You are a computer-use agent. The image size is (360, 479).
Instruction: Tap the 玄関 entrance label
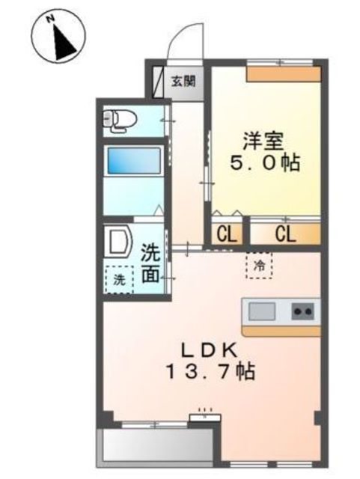pos(183,82)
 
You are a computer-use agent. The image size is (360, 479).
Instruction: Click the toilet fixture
pos(120,121)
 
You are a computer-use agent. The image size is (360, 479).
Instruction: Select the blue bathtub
pos(135,162)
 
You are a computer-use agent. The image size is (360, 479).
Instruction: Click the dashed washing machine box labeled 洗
pos(120,279)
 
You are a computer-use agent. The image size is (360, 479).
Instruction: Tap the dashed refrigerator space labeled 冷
pos(259,265)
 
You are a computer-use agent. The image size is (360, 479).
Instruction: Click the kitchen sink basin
pos(262,311)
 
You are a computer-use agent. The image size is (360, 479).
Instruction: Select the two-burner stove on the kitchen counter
pos(303,311)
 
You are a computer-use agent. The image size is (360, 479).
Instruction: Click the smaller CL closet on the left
pos(227,234)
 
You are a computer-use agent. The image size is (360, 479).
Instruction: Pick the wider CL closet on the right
pos(285,234)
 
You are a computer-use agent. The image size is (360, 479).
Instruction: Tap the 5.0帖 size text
pos(265,163)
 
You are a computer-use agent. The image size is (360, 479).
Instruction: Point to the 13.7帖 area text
pos(210,371)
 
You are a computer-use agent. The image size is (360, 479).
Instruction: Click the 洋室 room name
pos(263,141)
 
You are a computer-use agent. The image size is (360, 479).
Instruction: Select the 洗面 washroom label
pos(150,264)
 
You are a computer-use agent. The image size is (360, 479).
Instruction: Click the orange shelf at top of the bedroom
pos(284,74)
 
